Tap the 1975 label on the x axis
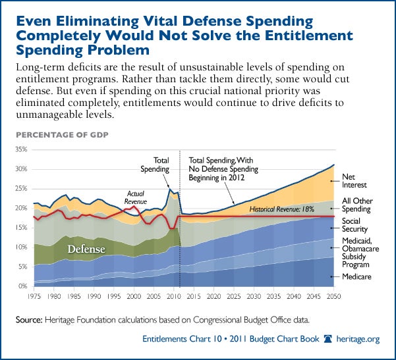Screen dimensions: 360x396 point(34,295)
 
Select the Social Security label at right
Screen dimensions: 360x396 point(354,225)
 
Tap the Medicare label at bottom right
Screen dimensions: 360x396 point(357,277)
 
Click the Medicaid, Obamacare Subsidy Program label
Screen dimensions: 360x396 point(359,253)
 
